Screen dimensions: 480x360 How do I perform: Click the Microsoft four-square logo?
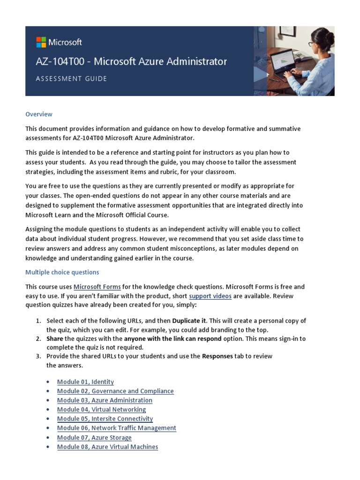click(x=41, y=42)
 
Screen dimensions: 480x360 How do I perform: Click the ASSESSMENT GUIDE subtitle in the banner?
click(x=71, y=79)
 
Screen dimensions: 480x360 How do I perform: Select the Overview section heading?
click(x=39, y=114)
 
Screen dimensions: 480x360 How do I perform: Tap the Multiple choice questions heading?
click(x=62, y=272)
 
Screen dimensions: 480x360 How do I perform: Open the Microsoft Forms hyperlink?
click(x=97, y=287)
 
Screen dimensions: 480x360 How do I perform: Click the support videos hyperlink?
click(x=210, y=296)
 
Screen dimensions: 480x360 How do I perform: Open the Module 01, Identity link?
click(x=85, y=382)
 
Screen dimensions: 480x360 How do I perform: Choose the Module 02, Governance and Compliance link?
click(x=115, y=391)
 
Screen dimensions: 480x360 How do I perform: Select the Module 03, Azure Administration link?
click(x=105, y=400)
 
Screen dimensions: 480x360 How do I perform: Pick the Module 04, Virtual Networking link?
click(x=101, y=410)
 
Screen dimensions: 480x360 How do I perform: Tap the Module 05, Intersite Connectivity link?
click(x=105, y=419)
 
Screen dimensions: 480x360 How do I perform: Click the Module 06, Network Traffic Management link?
click(x=117, y=428)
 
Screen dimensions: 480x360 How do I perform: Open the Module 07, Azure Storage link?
click(x=94, y=438)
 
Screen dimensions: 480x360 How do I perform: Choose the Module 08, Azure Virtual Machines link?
click(x=107, y=447)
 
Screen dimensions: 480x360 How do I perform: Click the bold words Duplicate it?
click(x=189, y=321)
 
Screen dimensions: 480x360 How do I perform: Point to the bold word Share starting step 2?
click(x=55, y=338)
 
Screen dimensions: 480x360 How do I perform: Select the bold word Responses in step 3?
click(x=217, y=356)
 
